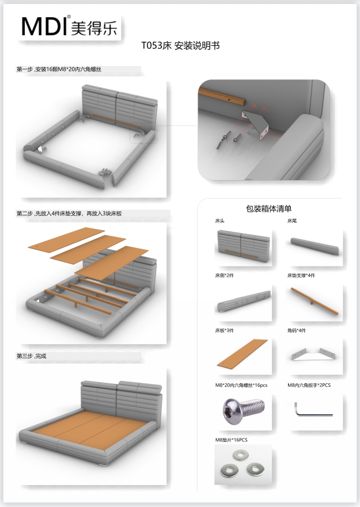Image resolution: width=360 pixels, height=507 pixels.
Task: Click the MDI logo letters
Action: tap(45, 26)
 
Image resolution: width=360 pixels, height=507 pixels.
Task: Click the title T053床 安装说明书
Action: tap(180, 45)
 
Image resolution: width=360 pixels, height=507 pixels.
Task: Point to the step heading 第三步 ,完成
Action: tap(32, 356)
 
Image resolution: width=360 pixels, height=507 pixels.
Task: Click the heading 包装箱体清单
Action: tap(268, 208)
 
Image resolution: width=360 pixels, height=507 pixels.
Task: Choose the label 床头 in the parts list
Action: tap(219, 220)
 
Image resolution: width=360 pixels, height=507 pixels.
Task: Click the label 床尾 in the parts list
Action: tap(293, 220)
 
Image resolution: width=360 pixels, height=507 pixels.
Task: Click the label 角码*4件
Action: tap(297, 331)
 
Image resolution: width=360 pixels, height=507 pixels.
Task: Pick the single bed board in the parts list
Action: tap(242, 352)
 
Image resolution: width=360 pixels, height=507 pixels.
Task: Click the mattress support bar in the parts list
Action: tap(314, 299)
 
